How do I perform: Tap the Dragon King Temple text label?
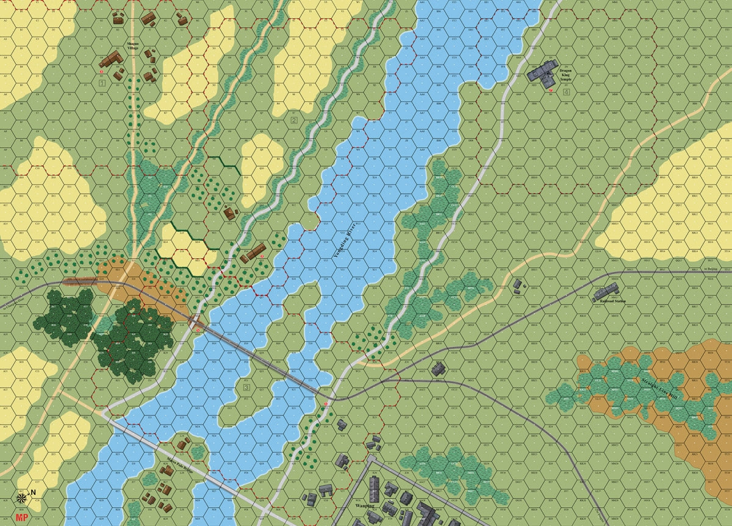point(568,75)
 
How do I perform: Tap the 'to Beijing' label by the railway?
point(710,269)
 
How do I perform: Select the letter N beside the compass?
point(34,492)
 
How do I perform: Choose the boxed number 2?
point(293,120)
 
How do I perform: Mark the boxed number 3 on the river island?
point(246,387)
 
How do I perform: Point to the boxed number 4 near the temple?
point(567,92)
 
